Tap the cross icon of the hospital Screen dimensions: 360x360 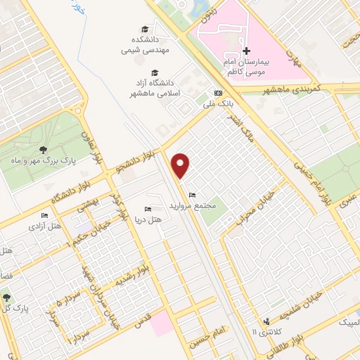pyautogui.click(x=246, y=51)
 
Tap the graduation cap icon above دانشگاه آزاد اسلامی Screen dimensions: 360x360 pyautogui.click(x=154, y=72)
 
